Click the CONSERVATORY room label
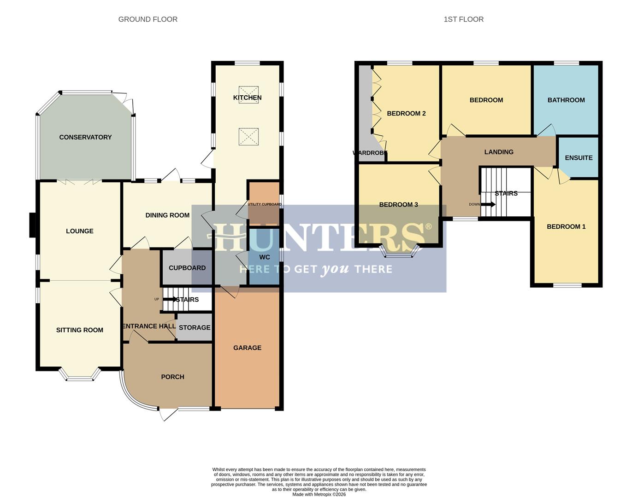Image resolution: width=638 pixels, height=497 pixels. click(85, 137)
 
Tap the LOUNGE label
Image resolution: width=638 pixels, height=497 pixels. click(80, 231)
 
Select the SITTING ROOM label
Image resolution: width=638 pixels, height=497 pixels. click(80, 330)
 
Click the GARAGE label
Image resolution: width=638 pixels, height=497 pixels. click(247, 348)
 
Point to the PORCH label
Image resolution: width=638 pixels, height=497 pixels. click(172, 377)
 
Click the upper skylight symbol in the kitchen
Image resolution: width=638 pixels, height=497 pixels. click(248, 95)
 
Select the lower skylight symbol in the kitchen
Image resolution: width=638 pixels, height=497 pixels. click(248, 136)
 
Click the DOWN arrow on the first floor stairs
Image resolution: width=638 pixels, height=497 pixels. click(488, 204)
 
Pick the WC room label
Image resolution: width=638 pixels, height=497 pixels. click(265, 257)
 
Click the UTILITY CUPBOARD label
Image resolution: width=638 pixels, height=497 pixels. click(265, 204)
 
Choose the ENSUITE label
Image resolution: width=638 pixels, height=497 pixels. click(579, 158)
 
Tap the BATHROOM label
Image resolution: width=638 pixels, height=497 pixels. click(566, 100)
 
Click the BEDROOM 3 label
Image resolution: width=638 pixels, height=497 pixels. click(398, 205)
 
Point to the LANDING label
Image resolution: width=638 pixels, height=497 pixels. click(499, 152)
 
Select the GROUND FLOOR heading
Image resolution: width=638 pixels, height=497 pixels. click(148, 19)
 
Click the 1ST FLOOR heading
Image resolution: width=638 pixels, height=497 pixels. click(463, 19)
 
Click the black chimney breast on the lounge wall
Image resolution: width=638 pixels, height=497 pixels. click(33, 225)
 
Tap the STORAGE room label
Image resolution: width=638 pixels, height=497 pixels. click(195, 328)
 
